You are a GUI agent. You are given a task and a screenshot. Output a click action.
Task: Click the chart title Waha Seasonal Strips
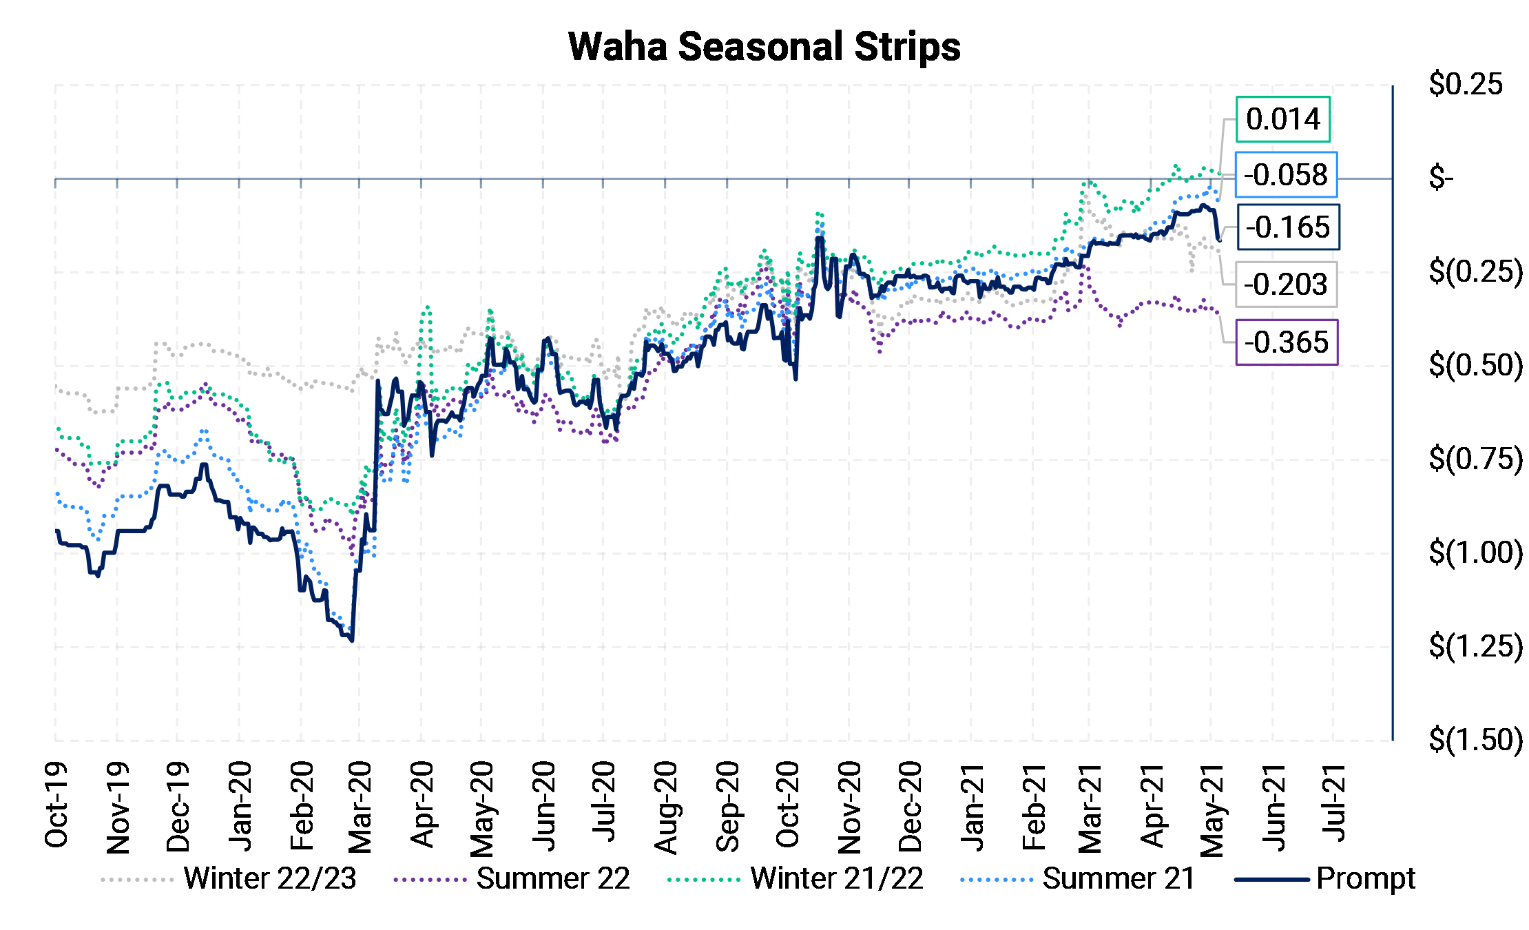click(x=764, y=47)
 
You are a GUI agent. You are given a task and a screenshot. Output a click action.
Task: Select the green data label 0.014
click(x=1282, y=119)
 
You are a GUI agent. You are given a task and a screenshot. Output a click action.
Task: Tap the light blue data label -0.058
click(x=1286, y=175)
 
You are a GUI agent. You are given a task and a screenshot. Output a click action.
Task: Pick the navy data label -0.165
click(x=1288, y=227)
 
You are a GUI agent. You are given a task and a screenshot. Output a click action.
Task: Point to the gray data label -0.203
click(x=1286, y=284)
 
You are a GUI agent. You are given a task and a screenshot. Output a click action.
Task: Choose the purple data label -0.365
click(x=1287, y=342)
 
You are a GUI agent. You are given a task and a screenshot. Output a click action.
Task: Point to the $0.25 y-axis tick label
click(x=1466, y=85)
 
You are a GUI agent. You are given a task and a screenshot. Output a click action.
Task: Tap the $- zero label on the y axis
click(x=1441, y=178)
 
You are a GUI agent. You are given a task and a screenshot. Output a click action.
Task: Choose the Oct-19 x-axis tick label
click(x=56, y=805)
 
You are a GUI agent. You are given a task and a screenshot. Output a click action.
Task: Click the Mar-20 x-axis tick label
click(x=360, y=807)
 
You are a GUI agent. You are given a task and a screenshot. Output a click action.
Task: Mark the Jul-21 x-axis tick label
click(x=1334, y=803)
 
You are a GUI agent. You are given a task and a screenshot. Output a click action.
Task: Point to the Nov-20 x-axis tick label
click(x=849, y=807)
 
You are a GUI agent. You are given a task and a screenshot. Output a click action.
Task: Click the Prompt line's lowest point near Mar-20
click(x=352, y=641)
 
